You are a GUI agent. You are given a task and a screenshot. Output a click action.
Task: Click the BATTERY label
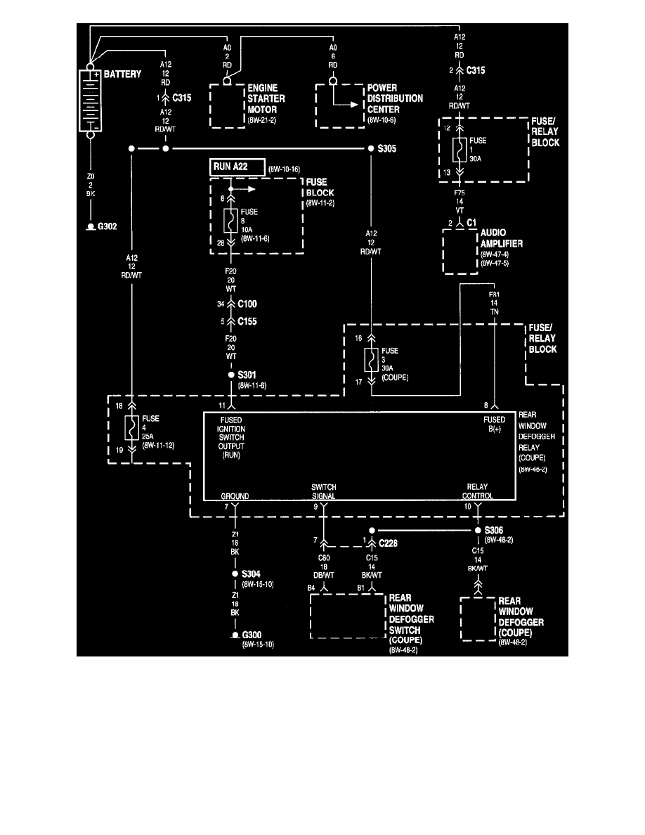point(123,74)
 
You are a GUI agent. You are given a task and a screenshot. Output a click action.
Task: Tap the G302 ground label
point(108,227)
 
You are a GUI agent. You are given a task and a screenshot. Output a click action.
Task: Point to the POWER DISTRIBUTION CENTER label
point(395,99)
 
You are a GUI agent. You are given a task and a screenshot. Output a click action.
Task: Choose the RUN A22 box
point(237,167)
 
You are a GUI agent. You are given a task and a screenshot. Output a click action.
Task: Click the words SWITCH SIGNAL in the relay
point(324,491)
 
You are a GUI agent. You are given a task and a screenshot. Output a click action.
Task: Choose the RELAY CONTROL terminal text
point(478,491)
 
